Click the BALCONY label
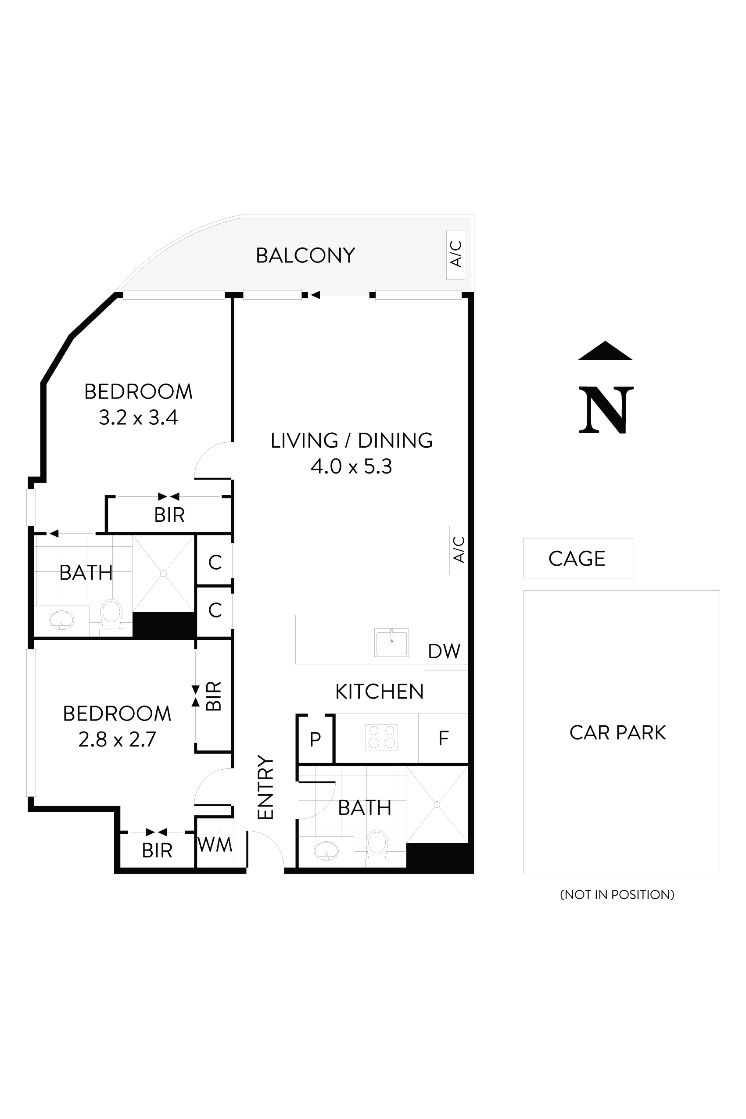305,255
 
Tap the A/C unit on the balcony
455,254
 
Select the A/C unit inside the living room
458,550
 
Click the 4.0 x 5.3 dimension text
351,467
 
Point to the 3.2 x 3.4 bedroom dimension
138,418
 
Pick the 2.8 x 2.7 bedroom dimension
117,740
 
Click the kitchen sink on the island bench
391,642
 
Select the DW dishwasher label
444,651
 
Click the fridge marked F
443,738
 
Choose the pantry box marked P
315,739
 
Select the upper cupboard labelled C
215,563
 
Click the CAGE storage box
577,558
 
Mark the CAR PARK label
617,733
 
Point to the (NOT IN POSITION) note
617,894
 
